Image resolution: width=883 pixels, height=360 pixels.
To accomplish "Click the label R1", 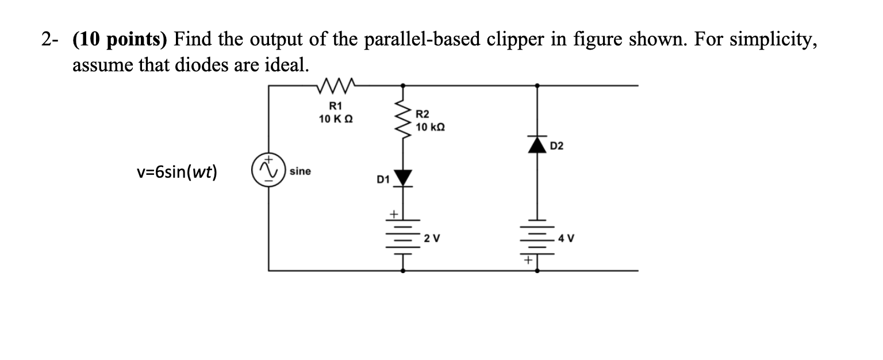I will pos(335,106).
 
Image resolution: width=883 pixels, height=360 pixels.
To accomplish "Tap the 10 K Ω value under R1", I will pos(336,118).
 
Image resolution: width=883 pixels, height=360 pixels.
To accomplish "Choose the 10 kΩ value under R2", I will pos(430,126).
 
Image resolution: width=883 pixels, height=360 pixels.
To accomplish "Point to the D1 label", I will pos(382,181).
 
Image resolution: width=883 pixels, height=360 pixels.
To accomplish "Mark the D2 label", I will pos(557,147).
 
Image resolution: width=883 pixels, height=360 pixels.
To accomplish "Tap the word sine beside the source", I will pos(300,171).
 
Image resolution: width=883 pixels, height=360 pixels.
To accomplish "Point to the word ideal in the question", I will pos(289,65).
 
